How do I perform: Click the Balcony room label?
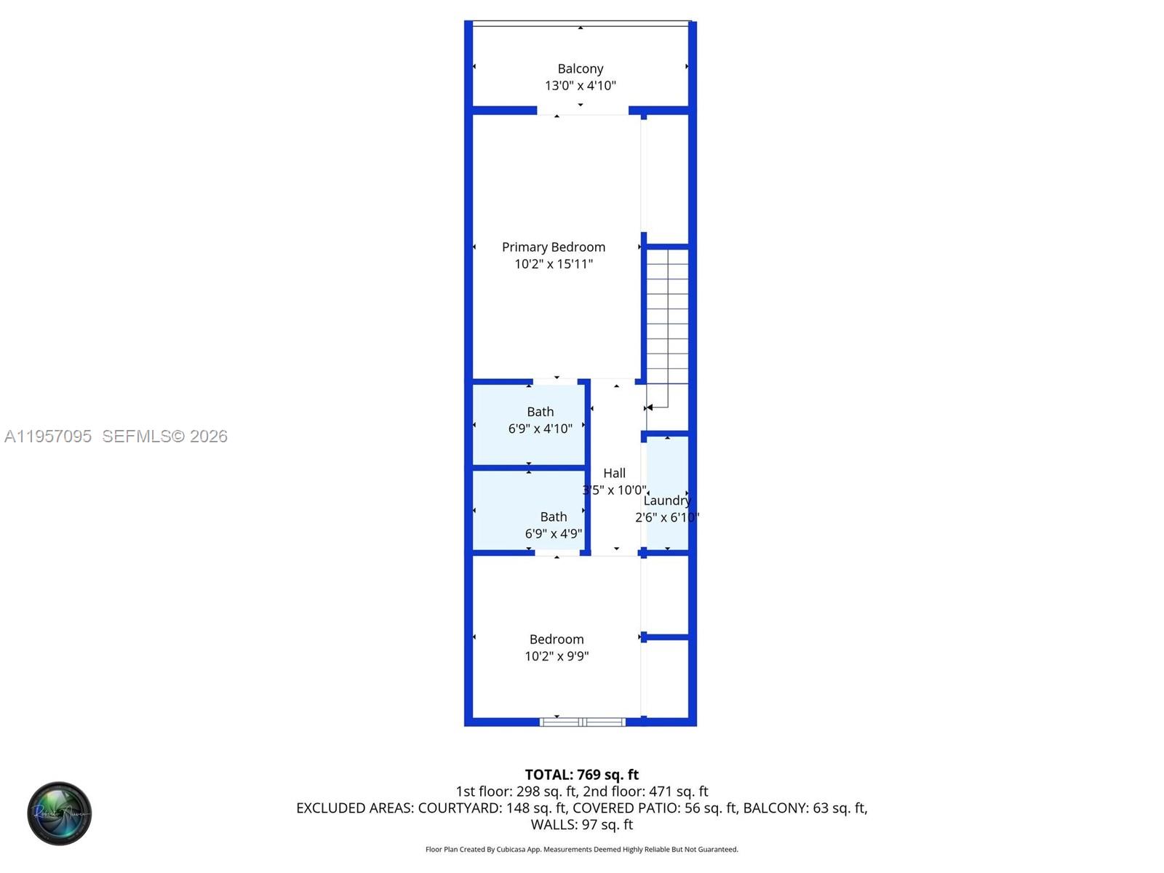pyautogui.click(x=580, y=68)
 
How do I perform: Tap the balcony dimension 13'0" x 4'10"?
pyautogui.click(x=580, y=86)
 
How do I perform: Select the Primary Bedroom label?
pyautogui.click(x=553, y=247)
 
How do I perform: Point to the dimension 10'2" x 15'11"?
pyautogui.click(x=553, y=264)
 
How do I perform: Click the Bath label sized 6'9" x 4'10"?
pyautogui.click(x=540, y=412)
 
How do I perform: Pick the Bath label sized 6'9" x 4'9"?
pyautogui.click(x=553, y=517)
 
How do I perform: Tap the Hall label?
pyautogui.click(x=614, y=473)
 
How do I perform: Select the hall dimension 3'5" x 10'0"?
pyautogui.click(x=614, y=490)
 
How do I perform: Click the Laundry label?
pyautogui.click(x=666, y=501)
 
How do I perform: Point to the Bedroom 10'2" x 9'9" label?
pyautogui.click(x=556, y=639)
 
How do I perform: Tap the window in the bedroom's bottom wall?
pyautogui.click(x=582, y=722)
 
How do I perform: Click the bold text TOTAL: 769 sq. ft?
pyautogui.click(x=581, y=775)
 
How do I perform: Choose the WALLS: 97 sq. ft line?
pyautogui.click(x=581, y=825)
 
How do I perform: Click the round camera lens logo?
pyautogui.click(x=60, y=813)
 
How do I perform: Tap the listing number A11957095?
pyautogui.click(x=48, y=436)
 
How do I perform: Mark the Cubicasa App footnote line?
pyautogui.click(x=581, y=850)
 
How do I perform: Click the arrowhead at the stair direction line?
pyautogui.click(x=650, y=407)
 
